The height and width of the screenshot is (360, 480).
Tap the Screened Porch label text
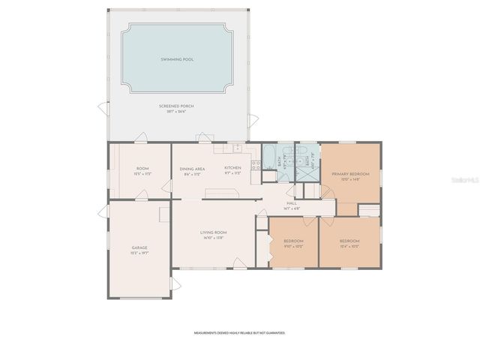(176, 106)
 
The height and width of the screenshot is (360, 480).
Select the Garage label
(139, 247)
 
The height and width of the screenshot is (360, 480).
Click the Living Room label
(213, 232)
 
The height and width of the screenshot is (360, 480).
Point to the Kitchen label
(232, 167)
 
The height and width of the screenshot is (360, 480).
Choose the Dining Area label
(193, 169)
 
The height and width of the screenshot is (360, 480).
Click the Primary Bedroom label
(346, 173)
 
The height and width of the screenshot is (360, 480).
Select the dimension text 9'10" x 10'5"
(293, 246)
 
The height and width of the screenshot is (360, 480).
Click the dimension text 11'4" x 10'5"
(349, 246)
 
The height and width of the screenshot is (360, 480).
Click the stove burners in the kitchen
(255, 166)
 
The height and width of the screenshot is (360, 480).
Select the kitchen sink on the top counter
(237, 148)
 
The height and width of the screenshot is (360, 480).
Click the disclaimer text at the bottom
(239, 331)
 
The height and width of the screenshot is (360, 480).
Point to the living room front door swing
(238, 262)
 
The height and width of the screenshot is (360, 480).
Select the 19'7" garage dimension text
(139, 253)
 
